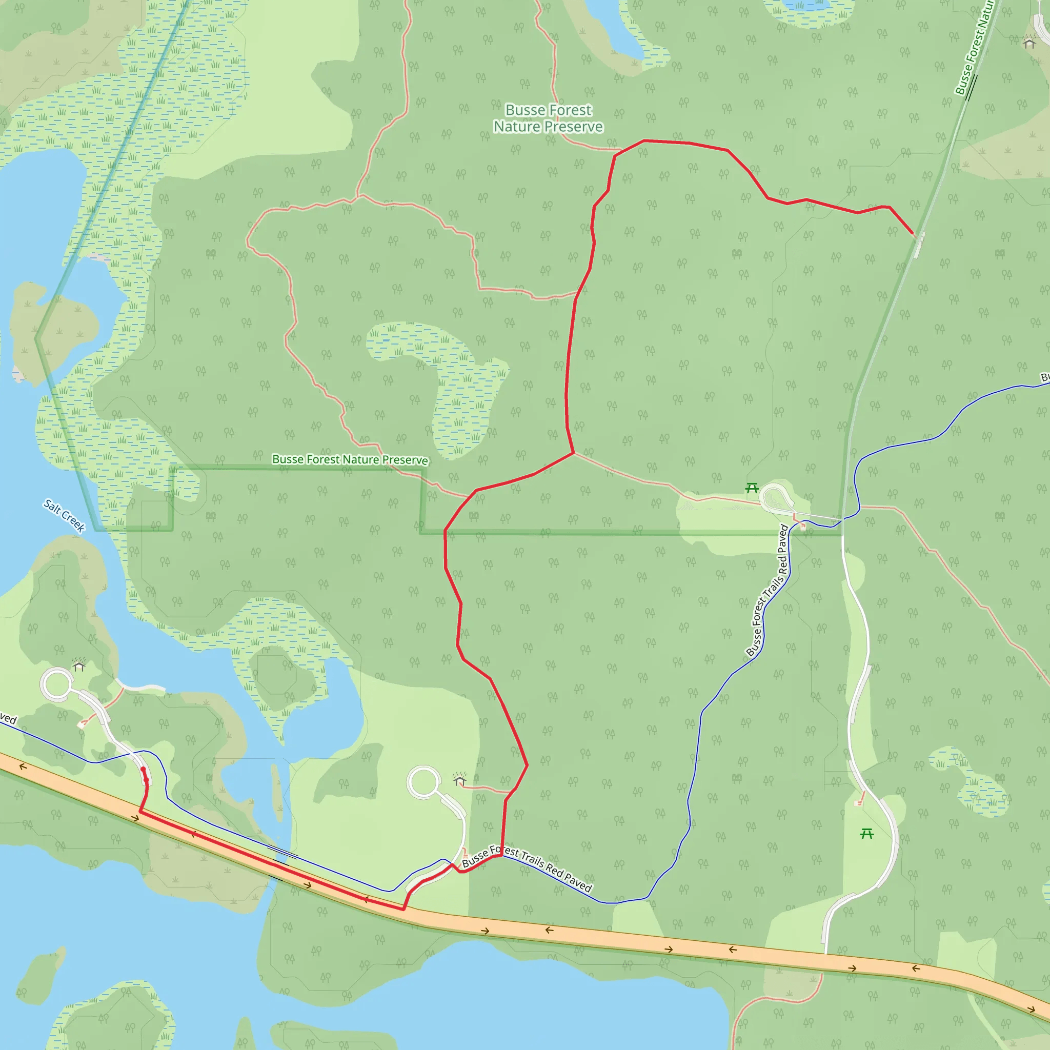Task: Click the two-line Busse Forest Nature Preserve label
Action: click(x=548, y=118)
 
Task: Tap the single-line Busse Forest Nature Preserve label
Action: click(x=350, y=460)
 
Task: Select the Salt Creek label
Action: click(x=65, y=515)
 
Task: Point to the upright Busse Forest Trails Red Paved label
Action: click(x=768, y=590)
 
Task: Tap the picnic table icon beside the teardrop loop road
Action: click(x=752, y=488)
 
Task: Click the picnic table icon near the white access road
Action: click(x=867, y=833)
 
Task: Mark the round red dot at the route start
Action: click(x=143, y=770)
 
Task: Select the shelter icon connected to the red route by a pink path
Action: click(x=460, y=780)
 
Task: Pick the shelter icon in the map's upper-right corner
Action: click(x=1029, y=43)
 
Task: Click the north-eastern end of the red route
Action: click(x=913, y=234)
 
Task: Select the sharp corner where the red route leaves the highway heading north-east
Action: click(x=403, y=908)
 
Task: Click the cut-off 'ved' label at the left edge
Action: click(x=8, y=719)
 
